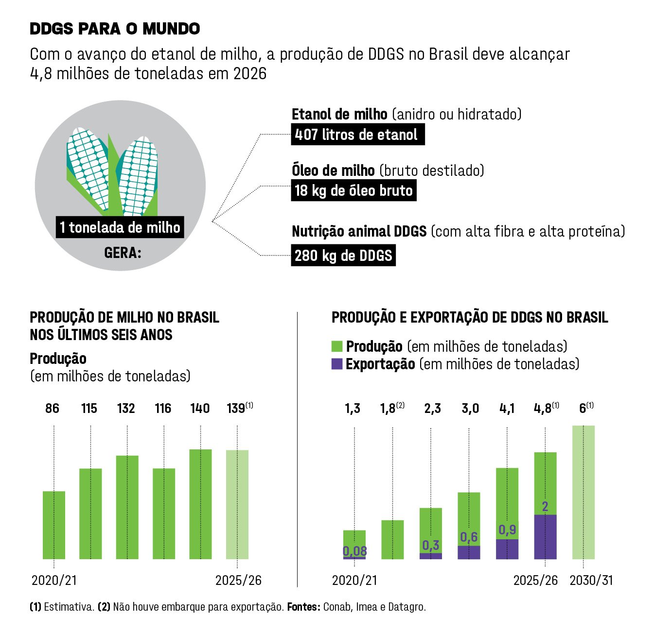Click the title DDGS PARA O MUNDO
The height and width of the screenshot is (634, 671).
tap(115, 29)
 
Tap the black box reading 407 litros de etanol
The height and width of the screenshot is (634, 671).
tap(357, 135)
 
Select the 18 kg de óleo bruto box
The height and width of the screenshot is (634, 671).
tap(353, 190)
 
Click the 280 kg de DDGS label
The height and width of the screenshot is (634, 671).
tap(343, 256)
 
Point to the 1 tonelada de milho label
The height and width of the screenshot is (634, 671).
tap(120, 227)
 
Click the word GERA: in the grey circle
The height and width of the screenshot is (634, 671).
tap(123, 253)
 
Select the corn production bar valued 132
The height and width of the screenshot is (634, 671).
tap(127, 507)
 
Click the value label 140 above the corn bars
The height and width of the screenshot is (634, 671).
tap(200, 408)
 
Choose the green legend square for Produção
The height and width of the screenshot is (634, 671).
tap(337, 346)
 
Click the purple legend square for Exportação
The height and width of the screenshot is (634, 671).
tap(337, 364)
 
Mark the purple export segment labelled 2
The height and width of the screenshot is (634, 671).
tap(545, 537)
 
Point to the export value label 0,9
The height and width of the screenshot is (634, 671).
tap(507, 530)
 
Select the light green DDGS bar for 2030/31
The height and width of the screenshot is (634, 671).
tap(583, 492)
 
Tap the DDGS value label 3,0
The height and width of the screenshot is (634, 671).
tap(470, 409)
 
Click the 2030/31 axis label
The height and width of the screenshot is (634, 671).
tap(591, 580)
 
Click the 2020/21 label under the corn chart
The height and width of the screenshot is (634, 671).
tap(54, 580)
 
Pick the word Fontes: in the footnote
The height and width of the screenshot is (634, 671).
tap(303, 607)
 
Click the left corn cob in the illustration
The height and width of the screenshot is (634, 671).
tap(88, 165)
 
